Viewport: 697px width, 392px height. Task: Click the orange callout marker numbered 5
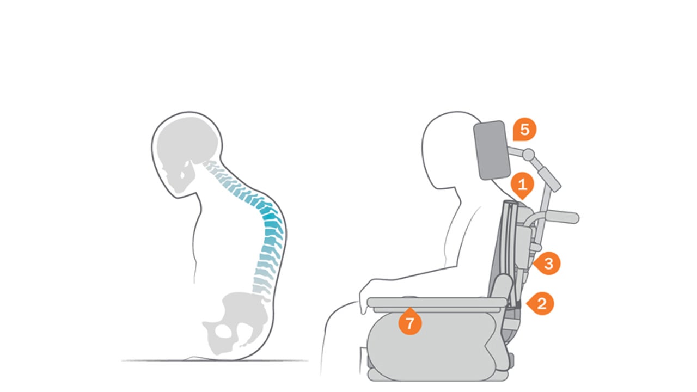click(524, 130)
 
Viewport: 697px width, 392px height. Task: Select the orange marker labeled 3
click(548, 264)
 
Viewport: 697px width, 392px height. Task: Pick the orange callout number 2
click(541, 303)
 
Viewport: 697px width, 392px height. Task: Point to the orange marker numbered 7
click(410, 322)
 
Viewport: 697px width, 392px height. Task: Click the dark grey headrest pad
click(492, 150)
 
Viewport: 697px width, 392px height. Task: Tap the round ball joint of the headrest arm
click(528, 155)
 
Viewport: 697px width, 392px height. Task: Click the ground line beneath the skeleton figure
click(215, 360)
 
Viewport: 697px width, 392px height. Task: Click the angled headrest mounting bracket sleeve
click(551, 179)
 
